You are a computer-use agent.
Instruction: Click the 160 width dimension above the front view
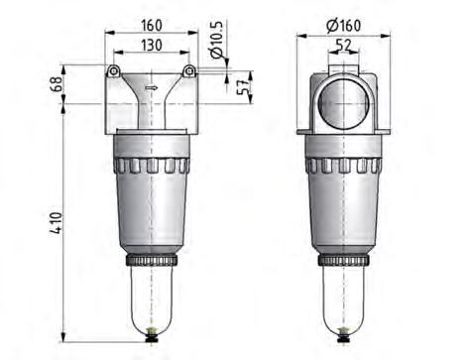pos(151,23)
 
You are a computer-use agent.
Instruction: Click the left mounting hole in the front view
pos(113,70)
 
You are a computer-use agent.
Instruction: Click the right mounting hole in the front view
pos(188,70)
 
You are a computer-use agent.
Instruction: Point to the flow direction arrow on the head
pos(151,87)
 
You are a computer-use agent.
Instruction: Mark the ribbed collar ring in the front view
pos(152,163)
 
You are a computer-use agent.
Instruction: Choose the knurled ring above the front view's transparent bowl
pos(152,261)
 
